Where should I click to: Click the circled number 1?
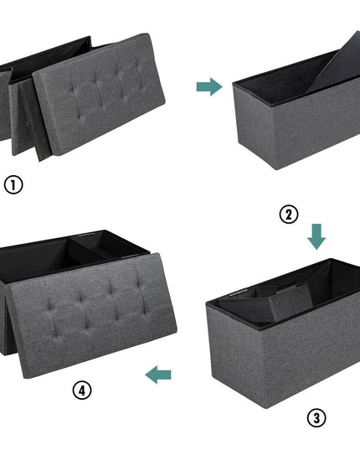tap(13, 184)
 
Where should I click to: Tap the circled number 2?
tap(289, 215)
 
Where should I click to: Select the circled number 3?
tap(316, 418)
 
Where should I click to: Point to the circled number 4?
tap(82, 391)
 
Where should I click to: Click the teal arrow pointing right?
tap(209, 86)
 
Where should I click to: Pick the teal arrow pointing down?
tap(316, 237)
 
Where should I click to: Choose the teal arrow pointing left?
tap(158, 375)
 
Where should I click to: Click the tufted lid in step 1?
tap(99, 94)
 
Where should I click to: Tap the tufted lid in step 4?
tap(93, 316)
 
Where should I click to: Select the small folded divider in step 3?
tap(290, 302)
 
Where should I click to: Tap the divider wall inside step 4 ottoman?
tap(86, 251)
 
